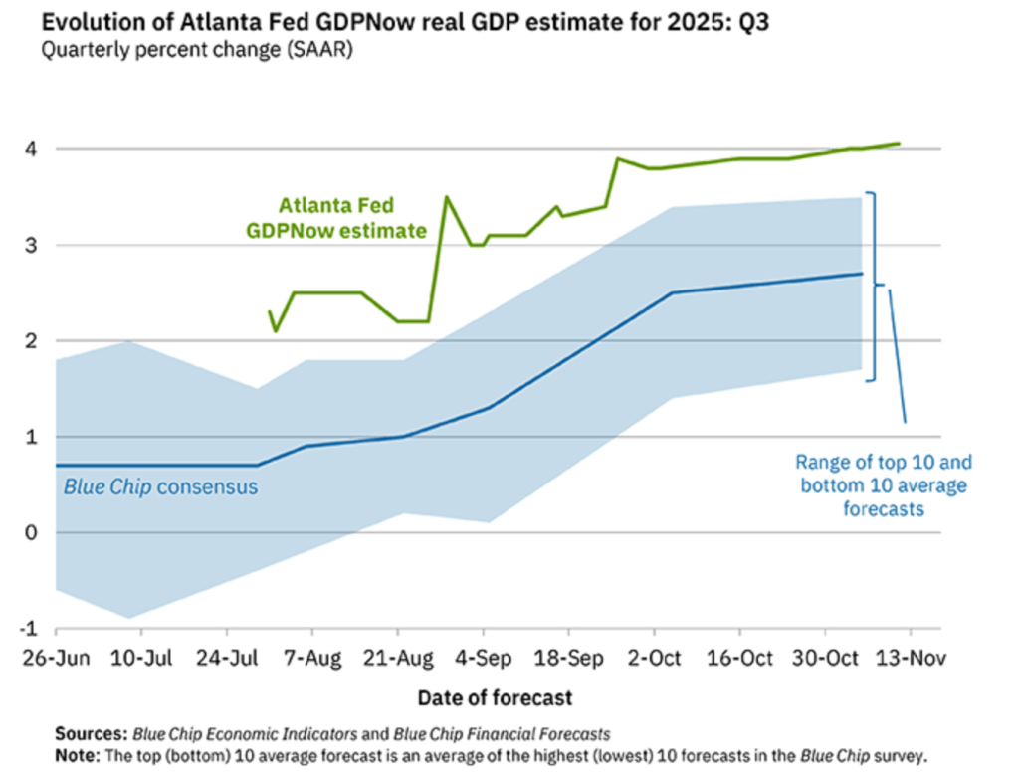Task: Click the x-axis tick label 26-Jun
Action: pyautogui.click(x=57, y=659)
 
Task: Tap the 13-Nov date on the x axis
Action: pyautogui.click(x=910, y=659)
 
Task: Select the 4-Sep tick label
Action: pyautogui.click(x=484, y=659)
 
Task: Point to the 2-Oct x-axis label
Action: pyautogui.click(x=654, y=659)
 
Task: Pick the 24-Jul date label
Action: pyautogui.click(x=228, y=659)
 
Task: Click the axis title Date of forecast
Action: pyautogui.click(x=495, y=697)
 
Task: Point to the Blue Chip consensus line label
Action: pyautogui.click(x=160, y=487)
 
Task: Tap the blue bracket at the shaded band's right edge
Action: pyautogui.click(x=874, y=287)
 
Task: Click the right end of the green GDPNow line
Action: pyautogui.click(x=900, y=144)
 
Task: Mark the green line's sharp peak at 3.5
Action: pyautogui.click(x=446, y=197)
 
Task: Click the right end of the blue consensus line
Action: pyautogui.click(x=861, y=274)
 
